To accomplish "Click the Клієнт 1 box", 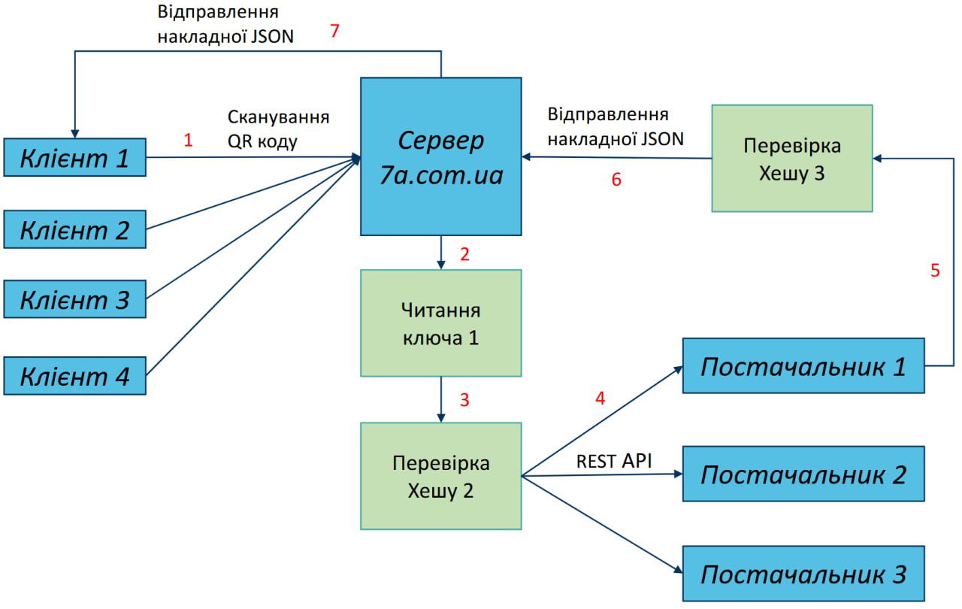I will (x=74, y=157).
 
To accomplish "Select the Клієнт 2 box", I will (x=74, y=229).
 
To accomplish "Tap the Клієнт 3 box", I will (x=74, y=300).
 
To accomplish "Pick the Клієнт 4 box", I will (x=74, y=375).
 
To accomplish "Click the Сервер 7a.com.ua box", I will (x=440, y=156).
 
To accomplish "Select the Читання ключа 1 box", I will (x=440, y=323).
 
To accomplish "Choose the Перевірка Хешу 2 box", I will (x=440, y=476).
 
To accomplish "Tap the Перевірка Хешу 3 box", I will (x=792, y=158).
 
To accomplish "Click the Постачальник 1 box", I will (x=803, y=366).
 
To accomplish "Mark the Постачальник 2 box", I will (x=803, y=474).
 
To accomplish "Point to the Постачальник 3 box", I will (x=803, y=574).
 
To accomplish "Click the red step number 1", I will (x=189, y=141).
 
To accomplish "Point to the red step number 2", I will (x=464, y=254).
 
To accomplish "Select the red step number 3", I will (x=464, y=400).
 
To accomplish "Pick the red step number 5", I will (x=935, y=271).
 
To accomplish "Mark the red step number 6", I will (x=616, y=181).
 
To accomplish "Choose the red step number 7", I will (x=336, y=32).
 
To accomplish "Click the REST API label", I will (x=614, y=461).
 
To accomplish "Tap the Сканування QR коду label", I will (x=278, y=129).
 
